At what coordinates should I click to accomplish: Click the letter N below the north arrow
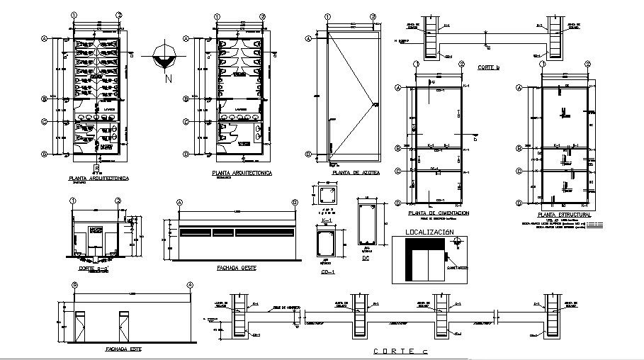click(x=168, y=79)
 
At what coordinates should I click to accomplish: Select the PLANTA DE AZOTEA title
click(x=356, y=172)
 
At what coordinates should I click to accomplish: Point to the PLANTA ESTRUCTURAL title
click(x=564, y=213)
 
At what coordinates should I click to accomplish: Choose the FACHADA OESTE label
click(x=237, y=269)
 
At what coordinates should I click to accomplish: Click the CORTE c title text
click(x=396, y=351)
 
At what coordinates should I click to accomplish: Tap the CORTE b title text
click(x=488, y=67)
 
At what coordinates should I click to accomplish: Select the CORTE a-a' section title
click(x=94, y=269)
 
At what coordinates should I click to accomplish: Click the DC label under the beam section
click(x=366, y=258)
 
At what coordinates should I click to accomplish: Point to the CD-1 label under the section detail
click(x=327, y=271)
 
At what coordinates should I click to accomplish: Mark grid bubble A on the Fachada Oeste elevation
click(x=180, y=202)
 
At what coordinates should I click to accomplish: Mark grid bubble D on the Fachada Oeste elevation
click(x=295, y=202)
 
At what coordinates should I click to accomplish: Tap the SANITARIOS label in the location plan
click(x=459, y=268)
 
